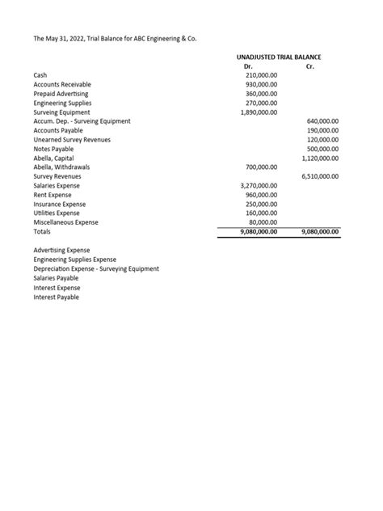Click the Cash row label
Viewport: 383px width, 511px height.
click(x=40, y=75)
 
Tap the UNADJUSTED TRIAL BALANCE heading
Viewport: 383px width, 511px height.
click(x=277, y=57)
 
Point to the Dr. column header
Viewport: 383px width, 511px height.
click(x=248, y=66)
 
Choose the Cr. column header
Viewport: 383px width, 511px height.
click(x=310, y=66)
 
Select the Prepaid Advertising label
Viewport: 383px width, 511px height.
click(x=61, y=95)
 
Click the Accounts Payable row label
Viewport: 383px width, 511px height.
click(x=58, y=130)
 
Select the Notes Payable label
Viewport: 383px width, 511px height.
click(x=53, y=149)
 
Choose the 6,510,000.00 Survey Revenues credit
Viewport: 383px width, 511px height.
click(x=320, y=176)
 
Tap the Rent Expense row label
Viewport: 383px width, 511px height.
click(x=54, y=195)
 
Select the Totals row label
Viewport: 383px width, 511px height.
click(x=43, y=232)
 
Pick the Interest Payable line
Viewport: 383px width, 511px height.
click(x=56, y=297)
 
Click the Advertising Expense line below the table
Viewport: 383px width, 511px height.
click(x=61, y=251)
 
